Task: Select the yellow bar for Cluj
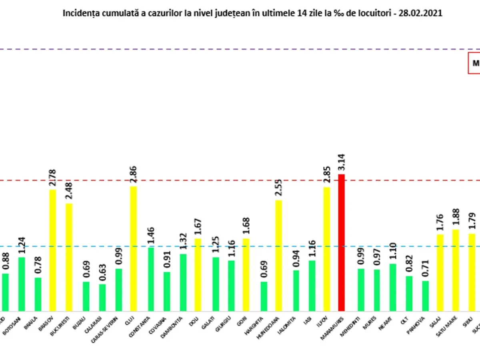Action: point(133,248)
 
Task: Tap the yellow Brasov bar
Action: point(52,250)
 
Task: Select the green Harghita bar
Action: point(264,296)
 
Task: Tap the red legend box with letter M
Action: point(474,63)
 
